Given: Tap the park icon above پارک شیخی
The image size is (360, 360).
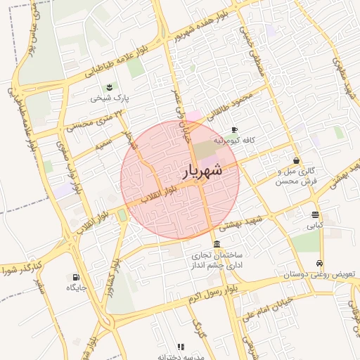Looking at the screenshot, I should pos(109,87).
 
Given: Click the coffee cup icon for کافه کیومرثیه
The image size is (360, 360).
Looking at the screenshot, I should pos(235,130).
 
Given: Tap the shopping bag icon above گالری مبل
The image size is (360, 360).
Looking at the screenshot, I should pos(297,161).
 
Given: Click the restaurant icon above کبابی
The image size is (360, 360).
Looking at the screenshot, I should pos(315,215).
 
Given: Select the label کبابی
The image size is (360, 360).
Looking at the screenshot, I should pos(315,226).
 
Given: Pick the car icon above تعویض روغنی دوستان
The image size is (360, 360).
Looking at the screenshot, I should pos(321,263).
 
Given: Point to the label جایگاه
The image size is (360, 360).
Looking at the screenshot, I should pos(76,288).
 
